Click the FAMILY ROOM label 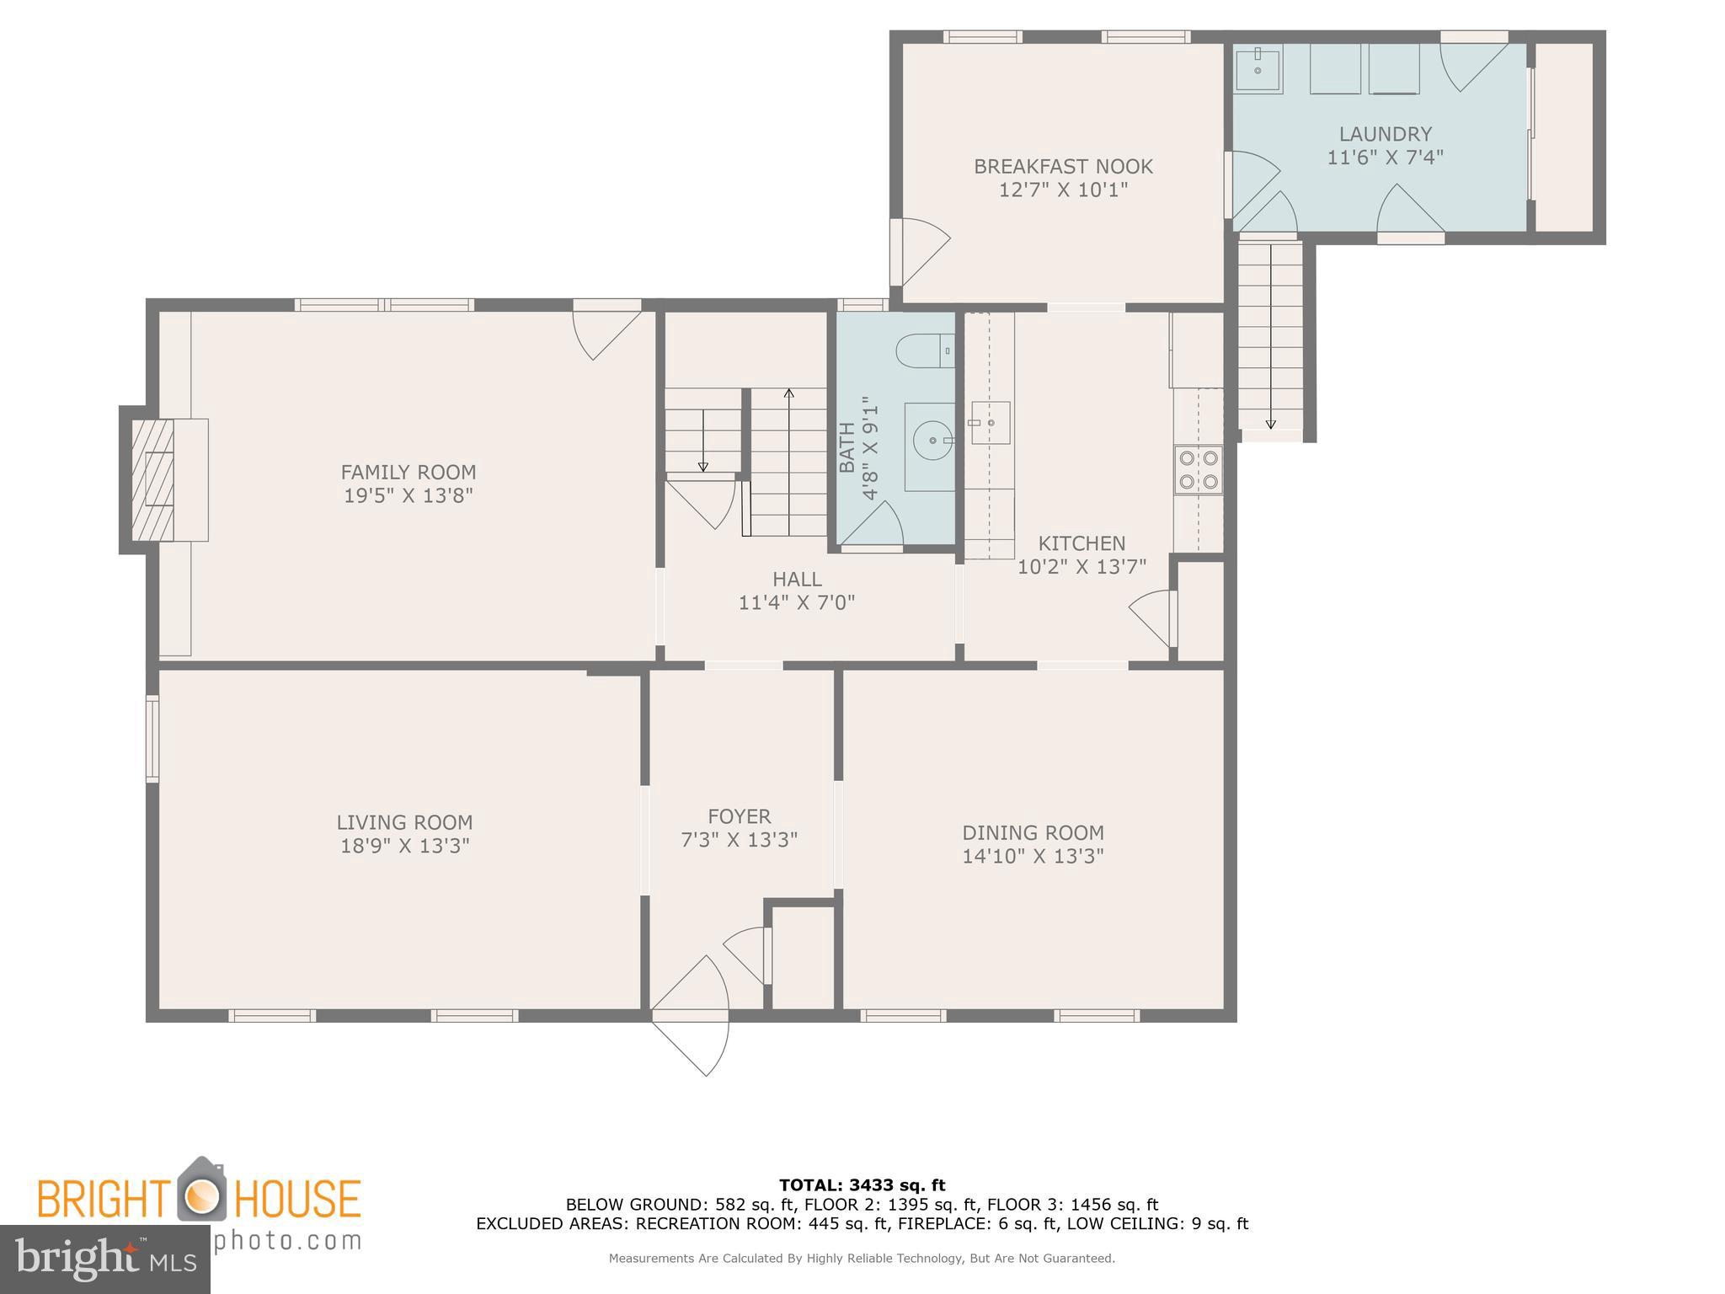tap(408, 472)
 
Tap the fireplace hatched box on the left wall tap(152, 479)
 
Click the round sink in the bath tap(932, 440)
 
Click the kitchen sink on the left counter tap(990, 423)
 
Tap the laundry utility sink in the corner tap(1258, 70)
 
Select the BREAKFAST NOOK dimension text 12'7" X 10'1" tap(1063, 190)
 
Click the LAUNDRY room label tap(1385, 134)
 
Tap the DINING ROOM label tap(1033, 832)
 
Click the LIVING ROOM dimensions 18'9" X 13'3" tap(404, 846)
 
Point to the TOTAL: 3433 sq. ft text tap(862, 1185)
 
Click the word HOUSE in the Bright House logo tap(296, 1199)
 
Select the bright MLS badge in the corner tap(104, 1259)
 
